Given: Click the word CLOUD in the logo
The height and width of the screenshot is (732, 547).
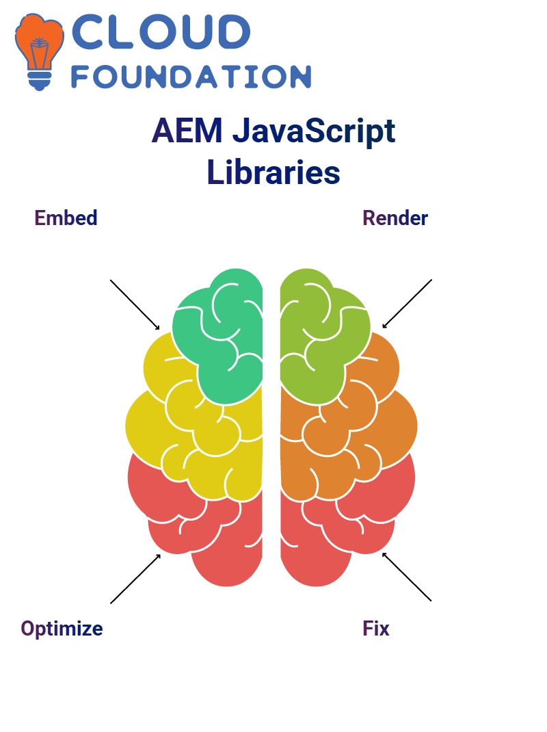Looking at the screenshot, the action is click(161, 31).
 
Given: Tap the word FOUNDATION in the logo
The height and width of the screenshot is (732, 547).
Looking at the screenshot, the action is click(191, 77).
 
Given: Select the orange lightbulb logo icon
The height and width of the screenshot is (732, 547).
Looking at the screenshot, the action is click(40, 51).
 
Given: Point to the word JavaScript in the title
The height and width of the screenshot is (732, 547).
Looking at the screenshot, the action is click(314, 131).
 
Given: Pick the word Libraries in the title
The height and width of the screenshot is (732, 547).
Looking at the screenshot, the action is click(273, 172).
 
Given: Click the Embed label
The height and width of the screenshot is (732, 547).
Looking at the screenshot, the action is click(66, 218).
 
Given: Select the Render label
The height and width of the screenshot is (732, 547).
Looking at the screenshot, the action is click(395, 218).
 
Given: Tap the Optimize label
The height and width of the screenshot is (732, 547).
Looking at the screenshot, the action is click(62, 629).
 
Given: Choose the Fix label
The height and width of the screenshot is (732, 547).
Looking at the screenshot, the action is click(375, 629).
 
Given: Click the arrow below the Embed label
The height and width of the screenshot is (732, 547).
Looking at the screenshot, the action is click(135, 305).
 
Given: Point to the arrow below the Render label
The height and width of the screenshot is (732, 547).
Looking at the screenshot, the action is click(407, 304).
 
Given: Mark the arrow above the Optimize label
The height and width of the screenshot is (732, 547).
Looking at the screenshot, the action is click(135, 579).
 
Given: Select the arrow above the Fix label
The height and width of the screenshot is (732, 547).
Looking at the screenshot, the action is click(407, 577).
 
